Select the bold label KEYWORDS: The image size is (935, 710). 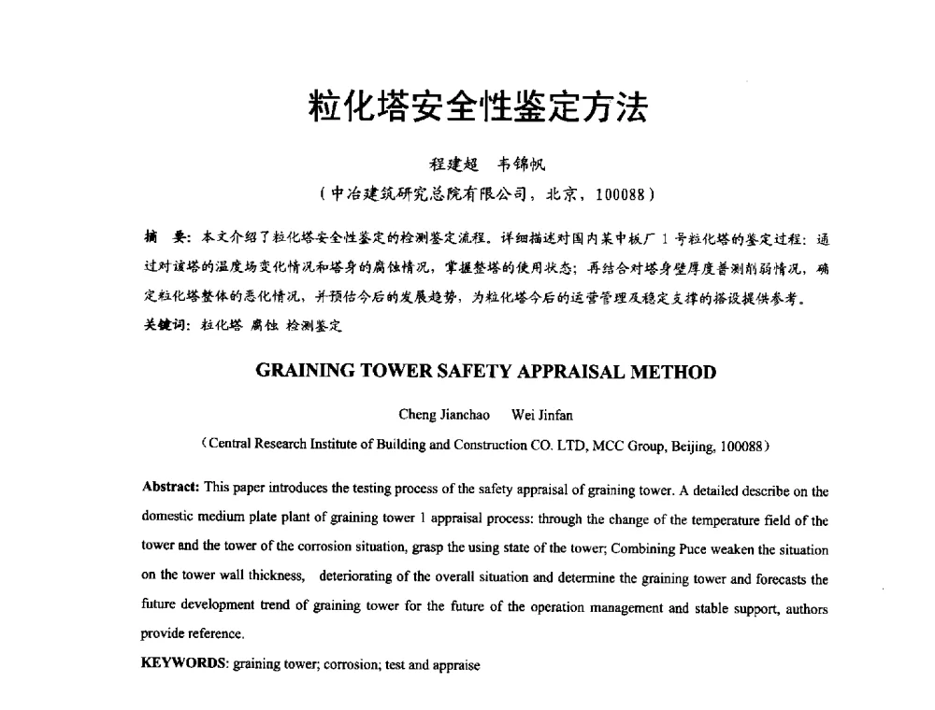click(184, 666)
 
